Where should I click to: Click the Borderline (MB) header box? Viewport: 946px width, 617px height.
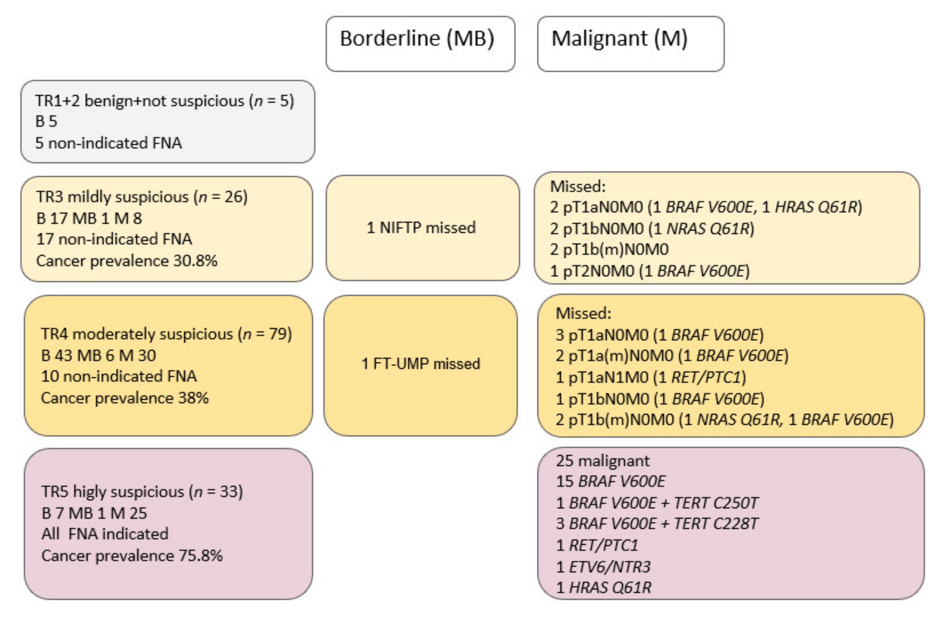tap(420, 43)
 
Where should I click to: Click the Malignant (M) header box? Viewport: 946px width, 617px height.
tap(630, 43)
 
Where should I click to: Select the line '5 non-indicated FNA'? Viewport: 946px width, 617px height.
tap(108, 143)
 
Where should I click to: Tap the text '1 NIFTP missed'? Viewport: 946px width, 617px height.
tap(421, 228)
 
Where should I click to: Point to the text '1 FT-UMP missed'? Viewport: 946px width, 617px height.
tap(421, 364)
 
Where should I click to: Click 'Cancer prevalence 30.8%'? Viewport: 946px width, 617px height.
tap(127, 261)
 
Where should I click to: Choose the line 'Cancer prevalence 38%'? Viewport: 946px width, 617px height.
tap(124, 398)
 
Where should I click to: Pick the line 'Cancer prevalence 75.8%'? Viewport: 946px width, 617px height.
tap(132, 555)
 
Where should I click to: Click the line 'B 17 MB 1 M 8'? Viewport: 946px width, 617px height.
tap(89, 218)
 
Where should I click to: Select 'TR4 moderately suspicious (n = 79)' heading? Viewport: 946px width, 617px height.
tap(166, 334)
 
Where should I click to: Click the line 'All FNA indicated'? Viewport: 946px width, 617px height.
tap(105, 534)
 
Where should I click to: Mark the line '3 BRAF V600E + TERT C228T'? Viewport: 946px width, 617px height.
tap(657, 524)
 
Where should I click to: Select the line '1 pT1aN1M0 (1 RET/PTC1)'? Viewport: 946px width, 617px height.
tap(651, 377)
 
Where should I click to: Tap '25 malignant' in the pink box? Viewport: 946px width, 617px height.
tap(603, 461)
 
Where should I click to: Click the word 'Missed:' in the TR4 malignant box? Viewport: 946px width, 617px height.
tap(583, 313)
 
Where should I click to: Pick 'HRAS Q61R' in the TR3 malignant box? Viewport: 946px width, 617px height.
tap(816, 207)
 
